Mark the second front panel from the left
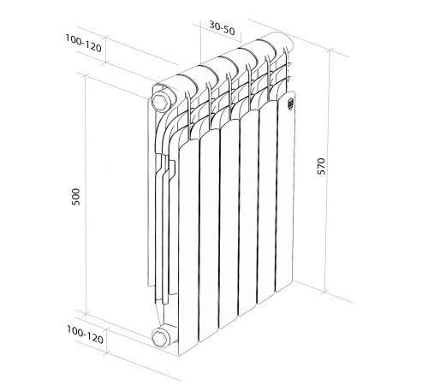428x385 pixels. pos(210,235)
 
